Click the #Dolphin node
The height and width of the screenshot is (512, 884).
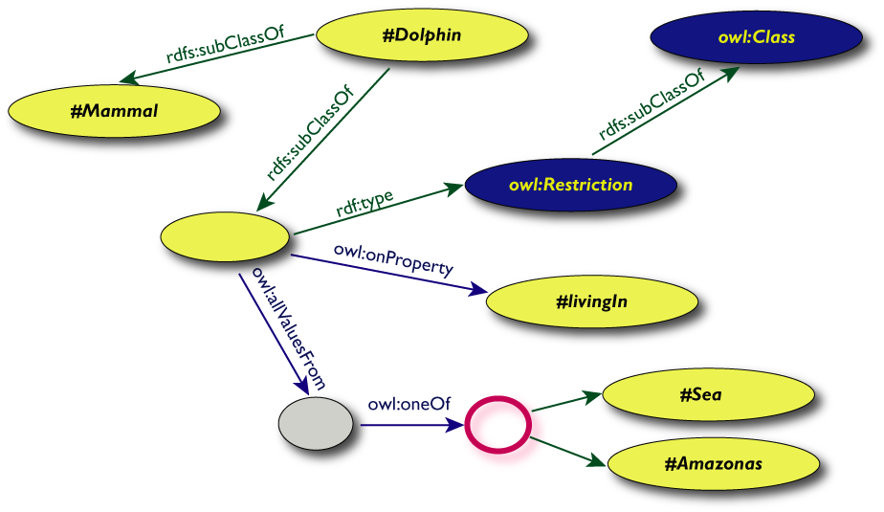[x=422, y=36]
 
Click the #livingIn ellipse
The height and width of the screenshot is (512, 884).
[x=590, y=302]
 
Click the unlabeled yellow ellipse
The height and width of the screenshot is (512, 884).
[x=226, y=235]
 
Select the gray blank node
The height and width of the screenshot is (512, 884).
[x=315, y=422]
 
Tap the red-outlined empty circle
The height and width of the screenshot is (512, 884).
[x=497, y=422]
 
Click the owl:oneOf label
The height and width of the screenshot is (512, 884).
[x=409, y=404]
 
